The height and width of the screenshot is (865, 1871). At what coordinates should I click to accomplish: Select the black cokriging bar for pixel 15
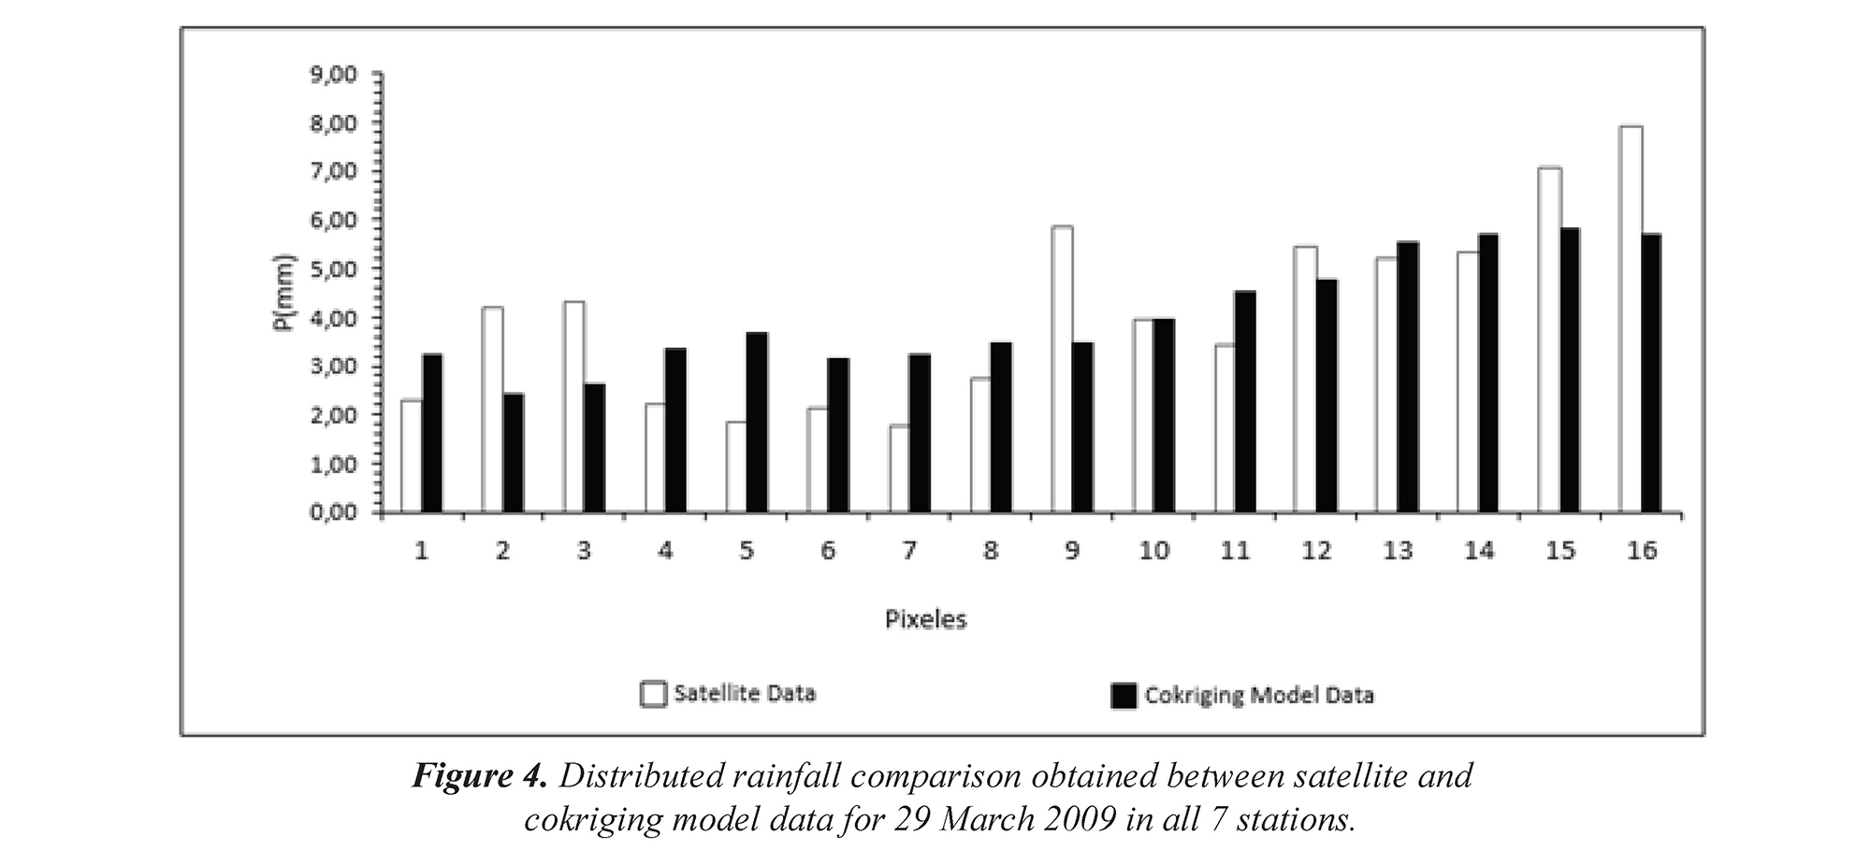click(1570, 370)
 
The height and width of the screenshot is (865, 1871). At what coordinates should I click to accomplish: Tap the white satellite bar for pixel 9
click(1062, 369)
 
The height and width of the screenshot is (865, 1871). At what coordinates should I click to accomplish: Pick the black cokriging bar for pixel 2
click(514, 453)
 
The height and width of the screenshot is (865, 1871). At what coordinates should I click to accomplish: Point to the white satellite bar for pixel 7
click(899, 469)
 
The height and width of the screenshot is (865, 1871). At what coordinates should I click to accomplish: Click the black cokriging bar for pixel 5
click(757, 423)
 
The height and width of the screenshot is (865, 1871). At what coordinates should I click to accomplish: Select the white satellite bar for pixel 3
click(573, 407)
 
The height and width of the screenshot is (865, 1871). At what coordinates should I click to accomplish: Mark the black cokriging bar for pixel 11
click(1244, 402)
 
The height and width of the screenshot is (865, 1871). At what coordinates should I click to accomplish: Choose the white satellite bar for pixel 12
click(1305, 380)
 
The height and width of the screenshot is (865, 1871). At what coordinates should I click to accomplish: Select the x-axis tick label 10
click(1153, 551)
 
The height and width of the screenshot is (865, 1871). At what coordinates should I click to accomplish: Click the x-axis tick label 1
click(422, 551)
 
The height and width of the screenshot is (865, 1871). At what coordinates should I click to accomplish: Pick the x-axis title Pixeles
click(925, 619)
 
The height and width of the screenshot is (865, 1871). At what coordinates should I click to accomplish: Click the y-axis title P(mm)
click(284, 293)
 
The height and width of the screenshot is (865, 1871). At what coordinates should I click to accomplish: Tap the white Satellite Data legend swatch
click(653, 695)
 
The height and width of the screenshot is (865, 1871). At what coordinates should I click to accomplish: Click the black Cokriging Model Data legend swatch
click(1124, 696)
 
